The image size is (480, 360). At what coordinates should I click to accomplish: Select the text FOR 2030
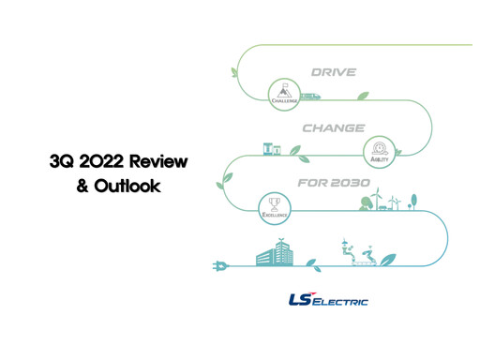(x=333, y=182)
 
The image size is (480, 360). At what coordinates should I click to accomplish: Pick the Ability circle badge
(x=381, y=149)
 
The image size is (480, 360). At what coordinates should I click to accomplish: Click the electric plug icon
(x=222, y=265)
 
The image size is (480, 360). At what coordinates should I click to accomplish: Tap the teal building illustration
(x=278, y=251)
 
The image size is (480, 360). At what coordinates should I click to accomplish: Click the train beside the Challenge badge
(x=308, y=95)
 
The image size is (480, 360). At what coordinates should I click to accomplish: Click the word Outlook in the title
(x=128, y=186)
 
